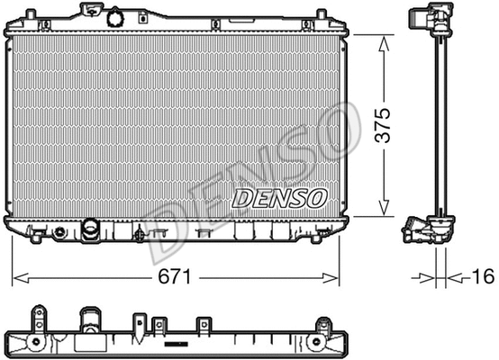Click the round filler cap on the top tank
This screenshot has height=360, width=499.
[x=115, y=17]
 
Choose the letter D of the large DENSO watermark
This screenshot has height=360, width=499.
[x=171, y=225]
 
